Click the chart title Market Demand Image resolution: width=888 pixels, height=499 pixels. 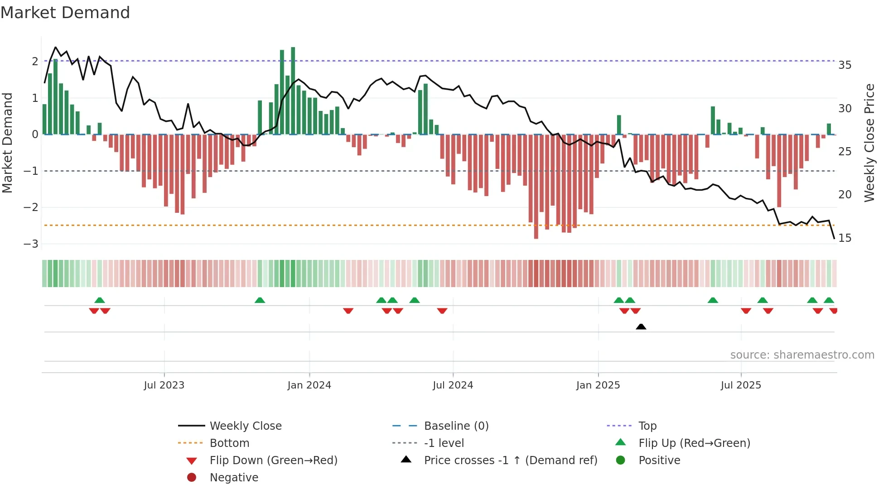(65, 13)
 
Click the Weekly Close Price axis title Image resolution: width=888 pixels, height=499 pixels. (869, 143)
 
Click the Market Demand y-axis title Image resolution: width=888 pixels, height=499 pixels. (8, 143)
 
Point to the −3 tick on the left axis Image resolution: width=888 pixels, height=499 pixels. (31, 244)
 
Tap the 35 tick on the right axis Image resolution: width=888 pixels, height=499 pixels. (845, 65)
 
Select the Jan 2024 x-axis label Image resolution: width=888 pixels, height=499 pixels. (309, 385)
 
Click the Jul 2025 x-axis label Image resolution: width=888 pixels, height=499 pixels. (741, 385)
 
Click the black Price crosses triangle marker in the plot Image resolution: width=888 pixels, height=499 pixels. (641, 326)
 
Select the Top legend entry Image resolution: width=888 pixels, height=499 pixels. (647, 426)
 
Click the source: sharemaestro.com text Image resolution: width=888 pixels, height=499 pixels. (802, 355)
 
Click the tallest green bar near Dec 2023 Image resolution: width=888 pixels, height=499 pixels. (293, 91)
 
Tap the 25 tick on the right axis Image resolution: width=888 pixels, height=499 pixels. (845, 152)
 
